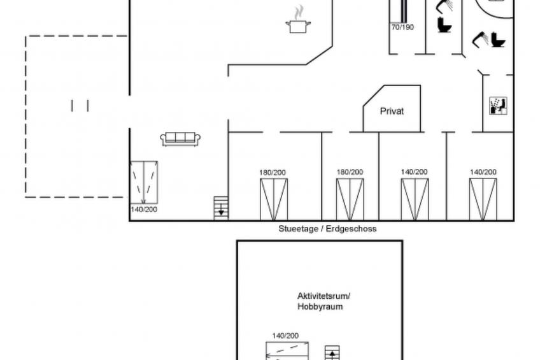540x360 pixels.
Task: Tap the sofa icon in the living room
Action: (x=180, y=139)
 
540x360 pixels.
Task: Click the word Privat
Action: (x=392, y=112)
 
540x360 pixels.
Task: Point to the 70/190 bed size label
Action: (x=402, y=27)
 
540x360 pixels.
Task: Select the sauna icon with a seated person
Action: (x=499, y=106)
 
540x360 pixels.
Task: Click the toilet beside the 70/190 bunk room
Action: (x=444, y=25)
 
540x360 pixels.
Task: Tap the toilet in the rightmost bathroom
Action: (x=498, y=40)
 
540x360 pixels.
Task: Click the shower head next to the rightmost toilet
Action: (x=480, y=39)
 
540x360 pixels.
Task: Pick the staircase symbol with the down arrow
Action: (x=221, y=207)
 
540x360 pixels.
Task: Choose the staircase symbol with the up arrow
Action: (x=332, y=353)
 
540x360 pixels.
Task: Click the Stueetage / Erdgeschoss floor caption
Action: (x=327, y=229)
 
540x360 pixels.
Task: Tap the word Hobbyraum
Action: (x=320, y=306)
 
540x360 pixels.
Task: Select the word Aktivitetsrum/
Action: (x=323, y=296)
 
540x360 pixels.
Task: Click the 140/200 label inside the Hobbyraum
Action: (x=285, y=336)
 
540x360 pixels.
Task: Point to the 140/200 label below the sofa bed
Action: (x=144, y=210)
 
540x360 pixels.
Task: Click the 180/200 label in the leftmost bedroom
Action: (x=273, y=172)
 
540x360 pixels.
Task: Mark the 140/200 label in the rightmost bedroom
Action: (x=483, y=172)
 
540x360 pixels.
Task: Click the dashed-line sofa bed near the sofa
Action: (x=144, y=183)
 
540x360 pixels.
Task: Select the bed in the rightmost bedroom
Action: (x=483, y=199)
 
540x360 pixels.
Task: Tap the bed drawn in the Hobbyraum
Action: (x=287, y=350)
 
